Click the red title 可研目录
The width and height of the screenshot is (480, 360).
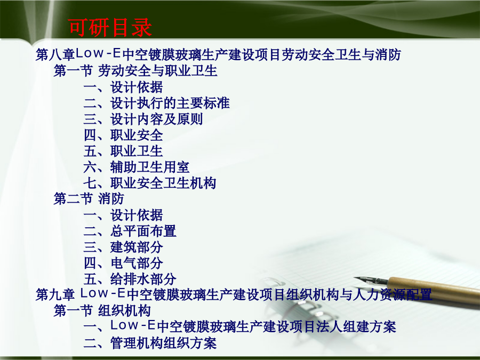point(110,27)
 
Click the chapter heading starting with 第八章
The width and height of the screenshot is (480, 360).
point(218,54)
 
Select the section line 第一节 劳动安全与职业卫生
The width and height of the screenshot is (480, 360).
point(135,71)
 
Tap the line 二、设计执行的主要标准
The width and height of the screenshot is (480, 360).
point(156,103)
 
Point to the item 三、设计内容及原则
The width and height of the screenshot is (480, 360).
point(143,119)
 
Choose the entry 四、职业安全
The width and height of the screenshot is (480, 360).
point(123,135)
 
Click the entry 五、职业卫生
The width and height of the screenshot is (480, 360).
point(123,151)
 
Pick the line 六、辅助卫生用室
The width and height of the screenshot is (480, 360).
point(137,167)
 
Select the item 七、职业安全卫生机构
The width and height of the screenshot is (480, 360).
point(150,183)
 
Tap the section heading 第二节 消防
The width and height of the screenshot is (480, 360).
point(89,199)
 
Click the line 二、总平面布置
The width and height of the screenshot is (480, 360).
point(130,231)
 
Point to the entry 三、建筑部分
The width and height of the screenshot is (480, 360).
point(123,247)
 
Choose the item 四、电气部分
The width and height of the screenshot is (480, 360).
point(123,262)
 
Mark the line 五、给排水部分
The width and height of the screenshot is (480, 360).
point(130,278)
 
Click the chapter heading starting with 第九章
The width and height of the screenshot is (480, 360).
point(234,294)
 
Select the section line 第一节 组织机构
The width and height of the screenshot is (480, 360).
point(102,311)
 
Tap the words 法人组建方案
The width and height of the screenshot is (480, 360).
point(357,326)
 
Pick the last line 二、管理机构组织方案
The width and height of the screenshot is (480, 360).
point(150,342)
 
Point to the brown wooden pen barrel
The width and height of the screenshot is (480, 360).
point(435,289)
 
